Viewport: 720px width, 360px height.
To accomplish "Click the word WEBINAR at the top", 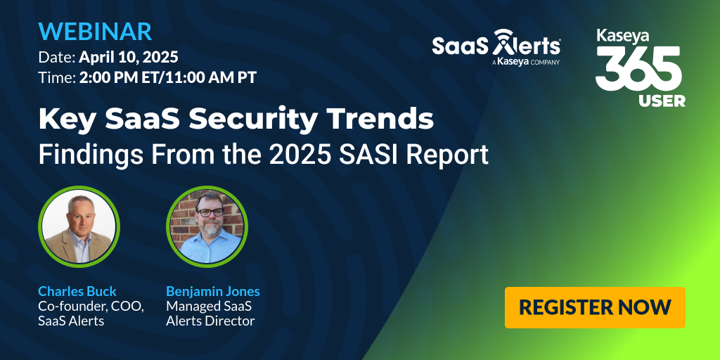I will [95, 32].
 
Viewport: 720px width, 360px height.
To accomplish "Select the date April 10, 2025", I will [128, 56].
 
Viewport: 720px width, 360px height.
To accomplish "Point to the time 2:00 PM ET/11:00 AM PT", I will [167, 77].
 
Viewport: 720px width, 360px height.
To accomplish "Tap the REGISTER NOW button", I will [595, 307].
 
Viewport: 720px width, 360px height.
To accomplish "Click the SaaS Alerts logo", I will [496, 46].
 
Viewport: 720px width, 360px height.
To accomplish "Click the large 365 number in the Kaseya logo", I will [638, 69].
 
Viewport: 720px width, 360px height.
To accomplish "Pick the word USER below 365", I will [662, 101].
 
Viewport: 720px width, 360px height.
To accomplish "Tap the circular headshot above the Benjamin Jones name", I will [207, 225].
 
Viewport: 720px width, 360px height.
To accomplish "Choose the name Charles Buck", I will [77, 291].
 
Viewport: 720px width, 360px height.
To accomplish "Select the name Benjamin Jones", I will [212, 291].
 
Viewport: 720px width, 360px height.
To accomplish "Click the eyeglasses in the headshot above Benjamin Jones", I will [210, 211].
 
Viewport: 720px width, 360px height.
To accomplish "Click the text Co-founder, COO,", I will [91, 307].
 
